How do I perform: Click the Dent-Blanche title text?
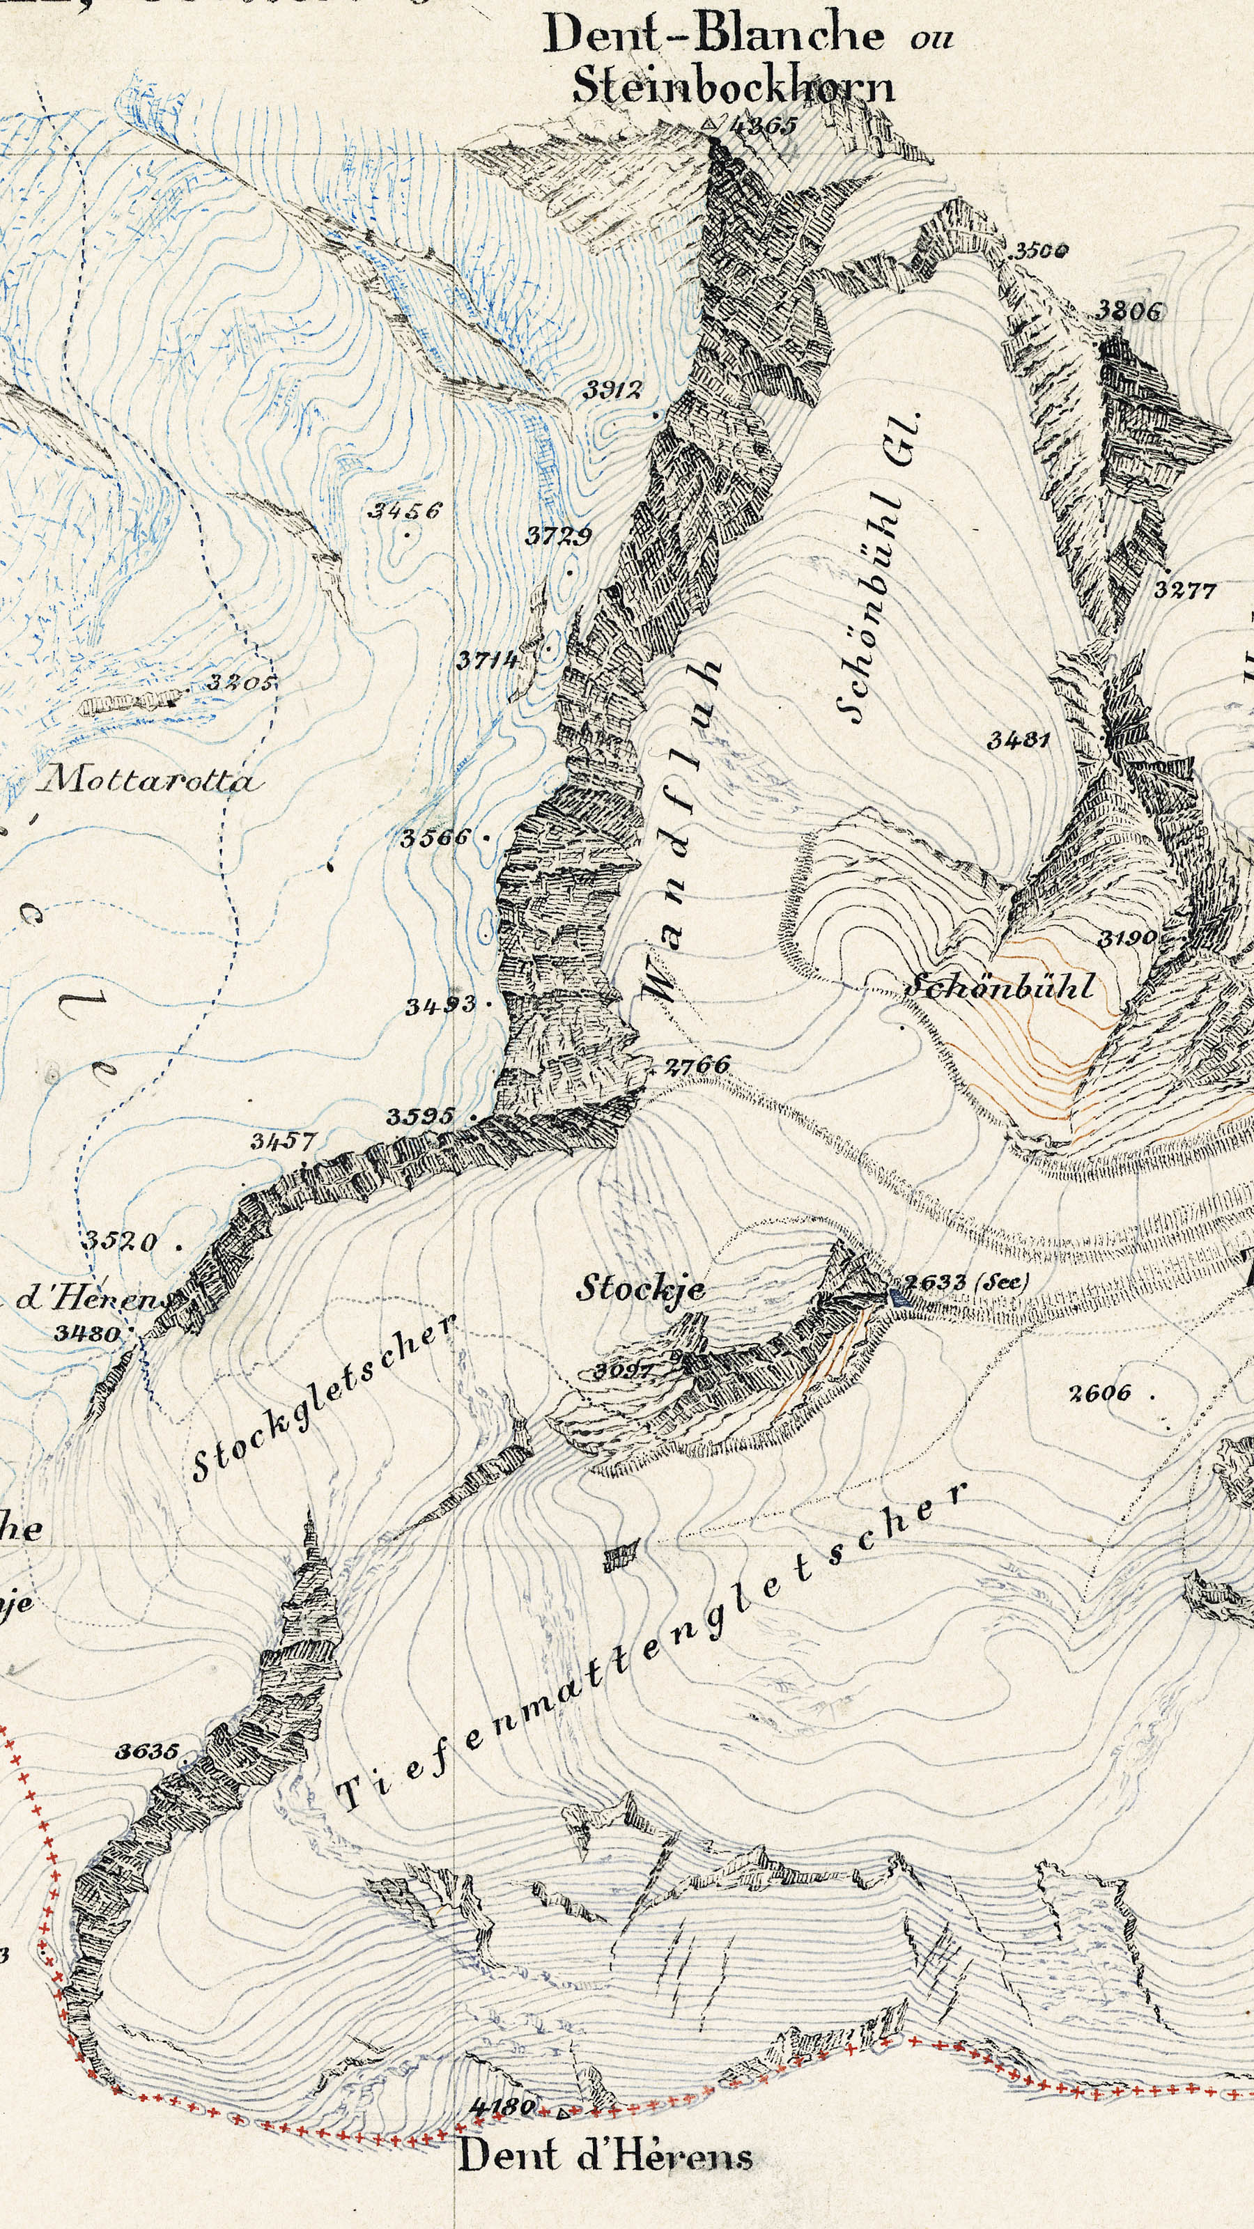point(714,35)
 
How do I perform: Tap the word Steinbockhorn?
point(732,86)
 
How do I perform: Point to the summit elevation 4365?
point(762,126)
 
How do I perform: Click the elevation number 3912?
point(612,390)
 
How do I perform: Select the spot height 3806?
point(1129,311)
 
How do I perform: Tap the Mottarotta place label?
point(149,782)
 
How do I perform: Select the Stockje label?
point(640,1289)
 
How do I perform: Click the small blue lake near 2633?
point(894,1296)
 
